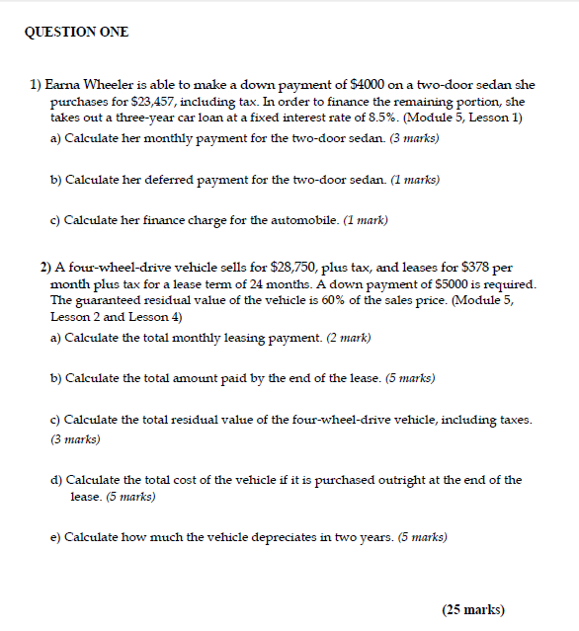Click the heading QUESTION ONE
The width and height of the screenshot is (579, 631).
coord(76,33)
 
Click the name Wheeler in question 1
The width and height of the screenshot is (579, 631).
coord(110,86)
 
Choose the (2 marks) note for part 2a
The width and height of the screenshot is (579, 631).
coord(350,338)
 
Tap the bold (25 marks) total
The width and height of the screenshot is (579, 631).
coord(473,609)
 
